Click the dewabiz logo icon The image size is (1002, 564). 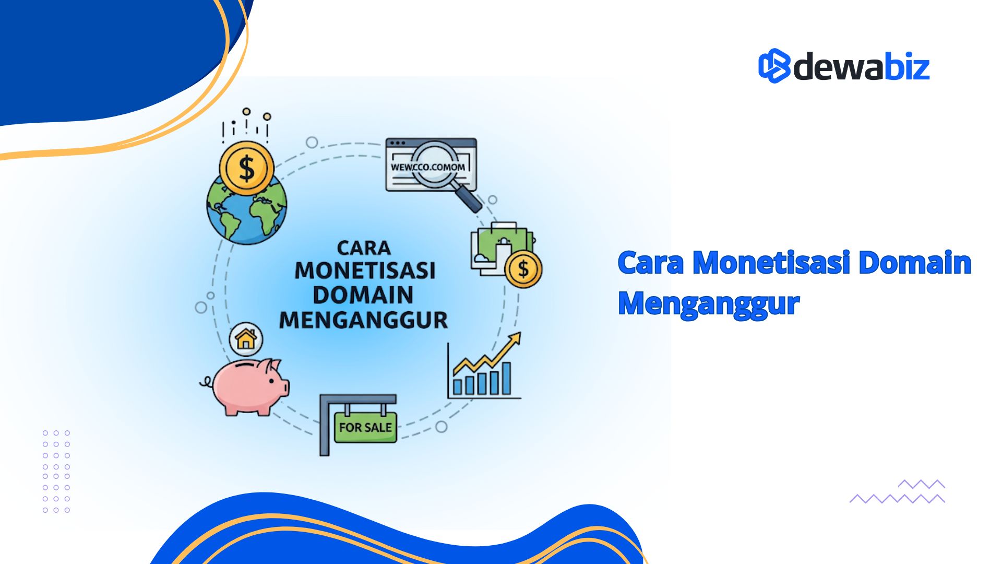tap(774, 66)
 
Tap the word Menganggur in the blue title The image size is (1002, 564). tap(708, 304)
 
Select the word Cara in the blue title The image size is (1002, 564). tap(650, 262)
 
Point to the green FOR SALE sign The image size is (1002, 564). tap(365, 427)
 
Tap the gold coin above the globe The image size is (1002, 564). tap(246, 168)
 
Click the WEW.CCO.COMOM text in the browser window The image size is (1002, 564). tap(427, 168)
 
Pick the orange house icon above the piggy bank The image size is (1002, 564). tap(246, 339)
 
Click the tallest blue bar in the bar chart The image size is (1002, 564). tap(506, 378)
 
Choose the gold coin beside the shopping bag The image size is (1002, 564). tap(523, 269)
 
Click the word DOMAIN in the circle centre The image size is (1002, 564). tap(363, 295)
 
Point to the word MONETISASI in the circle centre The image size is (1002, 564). tap(365, 271)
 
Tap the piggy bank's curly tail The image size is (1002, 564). tap(206, 383)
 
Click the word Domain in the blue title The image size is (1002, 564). tap(914, 262)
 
